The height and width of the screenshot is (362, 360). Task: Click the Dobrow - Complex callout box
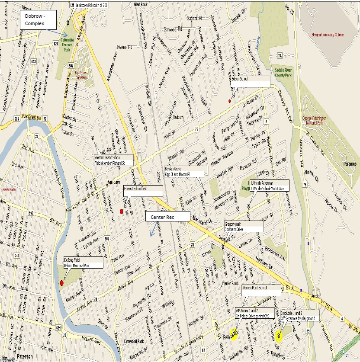point(38,20)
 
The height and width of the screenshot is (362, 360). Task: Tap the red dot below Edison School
point(230,101)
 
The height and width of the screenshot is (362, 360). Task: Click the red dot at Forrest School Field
point(121,211)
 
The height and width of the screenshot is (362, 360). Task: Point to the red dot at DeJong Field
point(61,283)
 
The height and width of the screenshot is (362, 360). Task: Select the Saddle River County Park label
point(289,72)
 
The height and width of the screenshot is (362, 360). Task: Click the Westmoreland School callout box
point(114,160)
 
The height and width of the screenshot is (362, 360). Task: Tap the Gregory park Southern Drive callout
point(243,227)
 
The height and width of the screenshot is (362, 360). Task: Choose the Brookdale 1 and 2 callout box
point(299,315)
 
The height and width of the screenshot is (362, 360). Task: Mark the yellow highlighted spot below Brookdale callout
point(280,336)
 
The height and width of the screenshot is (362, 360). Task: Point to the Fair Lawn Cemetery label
point(81,74)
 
